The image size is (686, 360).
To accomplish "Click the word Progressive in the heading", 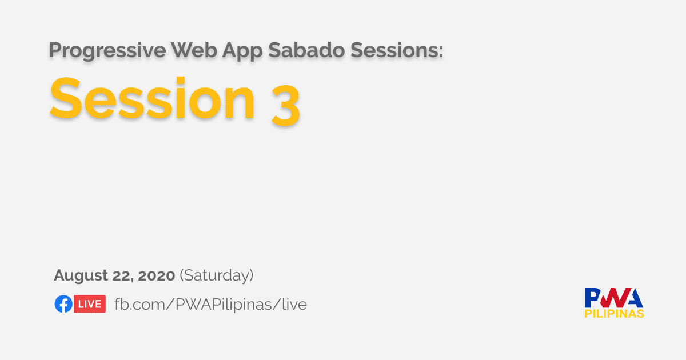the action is click(x=107, y=51).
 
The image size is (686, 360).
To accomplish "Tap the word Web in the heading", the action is click(x=194, y=50).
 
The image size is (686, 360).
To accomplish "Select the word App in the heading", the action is click(x=242, y=51).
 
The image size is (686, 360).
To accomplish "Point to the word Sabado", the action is click(x=306, y=50).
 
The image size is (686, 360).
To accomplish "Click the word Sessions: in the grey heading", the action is click(x=397, y=50).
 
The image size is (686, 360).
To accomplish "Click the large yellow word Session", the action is click(x=152, y=98).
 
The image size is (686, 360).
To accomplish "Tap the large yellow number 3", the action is click(x=285, y=105).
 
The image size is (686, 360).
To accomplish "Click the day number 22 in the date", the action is click(x=122, y=275).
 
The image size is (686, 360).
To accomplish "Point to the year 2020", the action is click(x=156, y=275).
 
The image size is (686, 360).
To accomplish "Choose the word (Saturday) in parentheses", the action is click(x=217, y=275).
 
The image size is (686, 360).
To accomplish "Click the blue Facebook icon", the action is click(x=63, y=303).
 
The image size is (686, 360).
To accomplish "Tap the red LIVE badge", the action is click(x=90, y=303).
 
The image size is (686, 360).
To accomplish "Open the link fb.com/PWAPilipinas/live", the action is click(x=211, y=304).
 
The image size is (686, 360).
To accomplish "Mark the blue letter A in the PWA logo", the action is click(x=633, y=298).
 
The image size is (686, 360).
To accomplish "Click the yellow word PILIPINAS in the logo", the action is click(x=614, y=314).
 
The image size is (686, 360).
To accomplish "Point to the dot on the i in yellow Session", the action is click(x=181, y=81).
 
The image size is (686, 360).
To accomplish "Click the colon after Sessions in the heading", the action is click(x=441, y=51).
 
